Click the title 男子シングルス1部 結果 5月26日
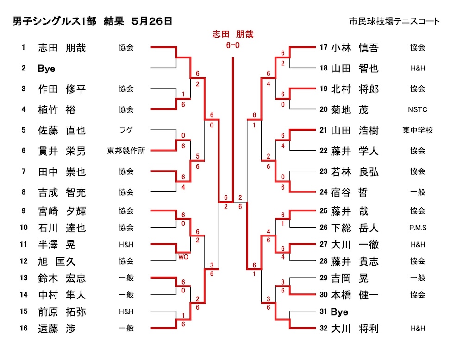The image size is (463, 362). pyautogui.click(x=93, y=21)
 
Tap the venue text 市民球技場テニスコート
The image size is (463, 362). pyautogui.click(x=394, y=21)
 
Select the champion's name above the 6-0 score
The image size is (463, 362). pyautogui.click(x=232, y=34)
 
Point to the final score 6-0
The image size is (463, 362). pyautogui.click(x=232, y=45)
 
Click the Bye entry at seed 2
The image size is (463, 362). pyautogui.click(x=46, y=69)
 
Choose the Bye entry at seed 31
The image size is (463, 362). pyautogui.click(x=339, y=312)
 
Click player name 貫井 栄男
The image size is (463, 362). pyautogui.click(x=62, y=151)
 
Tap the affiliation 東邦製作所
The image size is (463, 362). pyautogui.click(x=126, y=151)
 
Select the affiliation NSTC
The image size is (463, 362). pyautogui.click(x=418, y=110)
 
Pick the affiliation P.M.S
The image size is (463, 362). pyautogui.click(x=418, y=228)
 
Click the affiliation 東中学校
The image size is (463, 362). pyautogui.click(x=418, y=130)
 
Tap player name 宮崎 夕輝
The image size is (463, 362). pyautogui.click(x=62, y=211)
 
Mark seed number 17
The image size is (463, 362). pyautogui.click(x=324, y=47)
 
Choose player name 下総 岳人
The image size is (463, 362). pyautogui.click(x=355, y=228)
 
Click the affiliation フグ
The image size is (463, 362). pyautogui.click(x=126, y=130)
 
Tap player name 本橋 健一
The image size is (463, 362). pyautogui.click(x=355, y=295)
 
